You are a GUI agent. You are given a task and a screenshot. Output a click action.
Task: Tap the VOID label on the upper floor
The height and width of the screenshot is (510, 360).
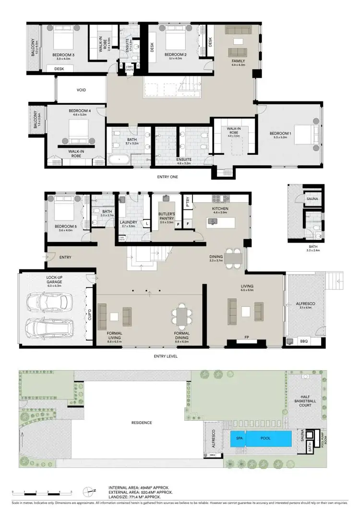[81, 90]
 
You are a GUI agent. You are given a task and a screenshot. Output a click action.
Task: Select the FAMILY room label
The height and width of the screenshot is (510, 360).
[238, 61]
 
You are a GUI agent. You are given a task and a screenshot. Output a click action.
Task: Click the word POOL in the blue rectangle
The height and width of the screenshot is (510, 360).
[265, 438]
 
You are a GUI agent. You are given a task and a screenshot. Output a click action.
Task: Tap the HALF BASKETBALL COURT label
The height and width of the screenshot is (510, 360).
[305, 401]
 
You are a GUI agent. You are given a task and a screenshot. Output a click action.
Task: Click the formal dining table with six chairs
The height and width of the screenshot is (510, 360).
[182, 316]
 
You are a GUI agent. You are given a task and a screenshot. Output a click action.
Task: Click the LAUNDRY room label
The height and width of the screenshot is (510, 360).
[128, 222]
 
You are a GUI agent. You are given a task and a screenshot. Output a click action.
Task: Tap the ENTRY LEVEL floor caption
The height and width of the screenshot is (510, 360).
[167, 356]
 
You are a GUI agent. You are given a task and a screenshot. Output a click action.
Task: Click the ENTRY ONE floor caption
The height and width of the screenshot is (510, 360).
[168, 177]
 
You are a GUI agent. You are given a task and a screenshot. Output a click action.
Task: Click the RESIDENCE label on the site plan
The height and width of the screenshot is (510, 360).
[142, 423]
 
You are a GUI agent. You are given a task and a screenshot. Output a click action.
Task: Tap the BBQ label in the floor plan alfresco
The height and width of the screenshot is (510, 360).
[303, 341]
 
